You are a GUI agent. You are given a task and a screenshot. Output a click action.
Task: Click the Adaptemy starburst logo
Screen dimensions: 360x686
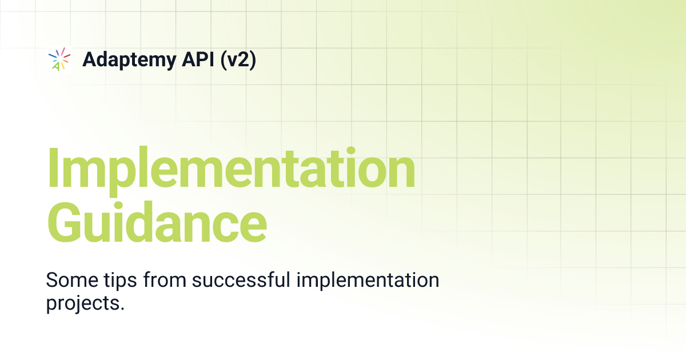click(x=59, y=59)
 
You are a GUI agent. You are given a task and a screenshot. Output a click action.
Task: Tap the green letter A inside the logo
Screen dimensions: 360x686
click(x=55, y=66)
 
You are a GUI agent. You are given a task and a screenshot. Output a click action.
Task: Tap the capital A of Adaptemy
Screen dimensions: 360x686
click(x=89, y=59)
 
